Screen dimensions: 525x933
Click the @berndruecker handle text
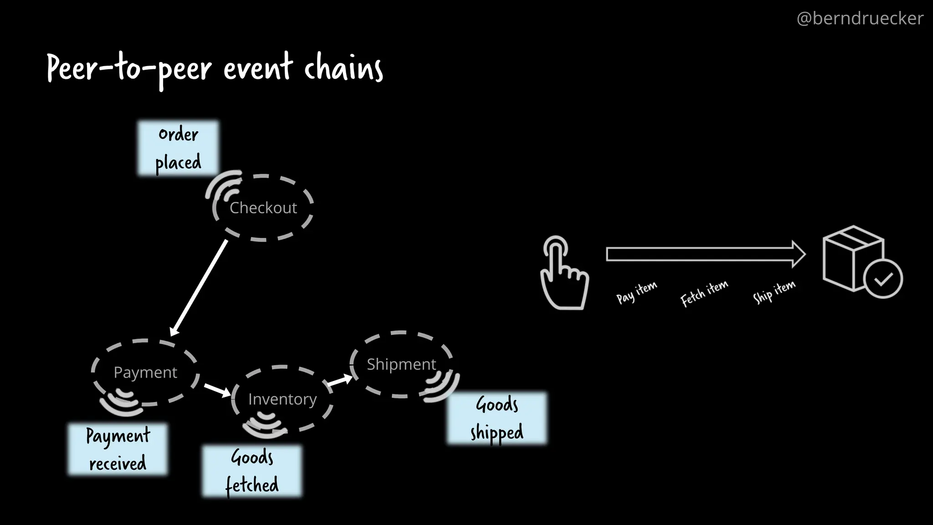(860, 19)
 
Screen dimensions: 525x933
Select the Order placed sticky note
(178, 148)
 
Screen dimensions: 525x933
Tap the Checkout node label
(263, 208)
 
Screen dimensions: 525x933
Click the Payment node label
(145, 373)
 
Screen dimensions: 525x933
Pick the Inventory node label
(282, 399)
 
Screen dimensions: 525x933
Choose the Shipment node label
(401, 364)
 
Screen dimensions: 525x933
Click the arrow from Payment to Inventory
(217, 390)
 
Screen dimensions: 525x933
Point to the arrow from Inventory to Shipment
(339, 381)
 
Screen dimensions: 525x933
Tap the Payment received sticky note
(118, 449)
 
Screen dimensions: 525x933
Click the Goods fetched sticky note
(252, 471)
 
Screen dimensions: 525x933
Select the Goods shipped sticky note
(497, 418)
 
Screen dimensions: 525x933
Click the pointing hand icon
(563, 273)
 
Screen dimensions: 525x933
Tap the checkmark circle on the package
(883, 279)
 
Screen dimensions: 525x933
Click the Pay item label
(636, 293)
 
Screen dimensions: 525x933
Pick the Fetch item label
(704, 293)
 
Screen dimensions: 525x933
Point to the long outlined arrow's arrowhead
(798, 254)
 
